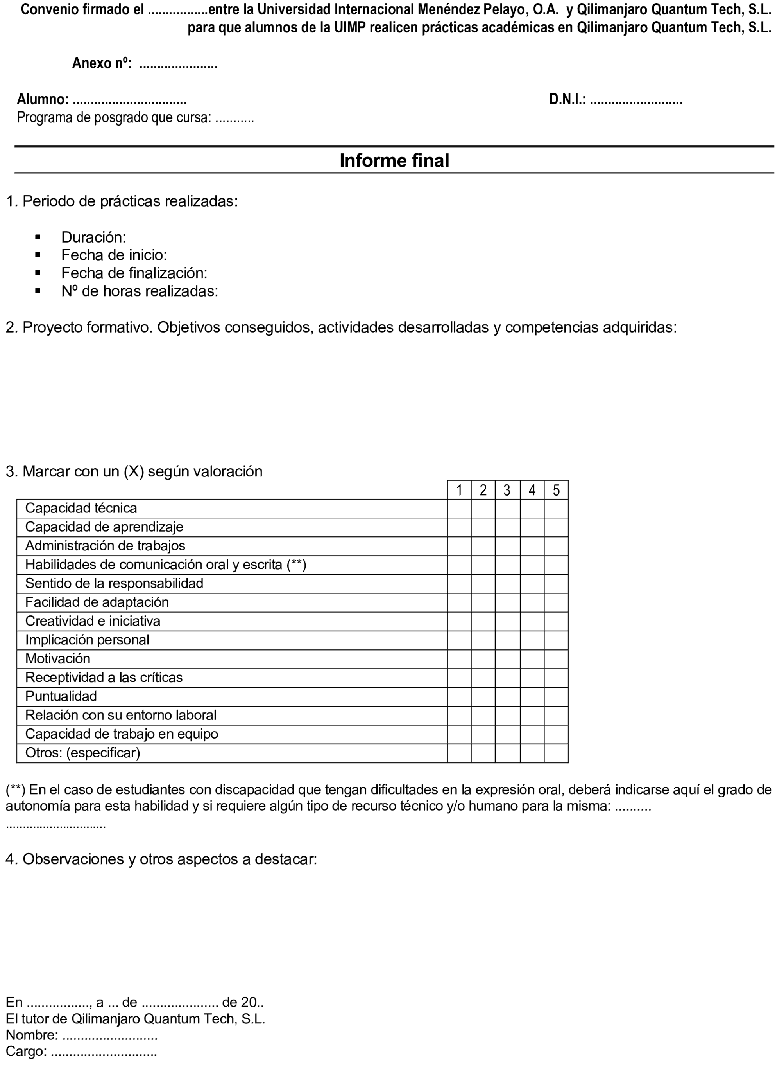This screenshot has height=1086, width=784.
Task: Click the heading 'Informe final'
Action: (x=394, y=160)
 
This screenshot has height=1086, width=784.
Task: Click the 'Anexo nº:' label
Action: (x=102, y=63)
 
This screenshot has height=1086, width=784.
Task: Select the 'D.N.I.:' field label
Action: (x=567, y=100)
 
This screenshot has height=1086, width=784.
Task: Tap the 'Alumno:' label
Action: (x=43, y=100)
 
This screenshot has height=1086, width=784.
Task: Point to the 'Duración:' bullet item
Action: (x=93, y=237)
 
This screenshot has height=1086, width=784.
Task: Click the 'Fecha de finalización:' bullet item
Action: (x=134, y=273)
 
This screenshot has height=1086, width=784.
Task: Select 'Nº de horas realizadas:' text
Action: (x=140, y=291)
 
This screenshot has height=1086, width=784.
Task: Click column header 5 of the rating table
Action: (x=556, y=490)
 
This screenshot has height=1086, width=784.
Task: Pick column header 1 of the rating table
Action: (x=459, y=490)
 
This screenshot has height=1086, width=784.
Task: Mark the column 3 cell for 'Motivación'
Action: (x=507, y=659)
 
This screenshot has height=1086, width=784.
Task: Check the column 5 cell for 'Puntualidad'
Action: (x=556, y=697)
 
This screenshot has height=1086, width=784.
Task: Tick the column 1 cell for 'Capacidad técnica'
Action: (x=459, y=509)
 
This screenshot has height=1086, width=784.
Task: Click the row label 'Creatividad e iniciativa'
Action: (x=92, y=621)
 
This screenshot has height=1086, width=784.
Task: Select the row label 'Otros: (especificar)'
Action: (x=82, y=753)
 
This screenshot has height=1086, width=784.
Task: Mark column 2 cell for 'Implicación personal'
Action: (x=483, y=640)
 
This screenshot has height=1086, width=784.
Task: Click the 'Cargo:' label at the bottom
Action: (x=26, y=1052)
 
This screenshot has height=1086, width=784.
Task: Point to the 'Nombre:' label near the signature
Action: (x=32, y=1035)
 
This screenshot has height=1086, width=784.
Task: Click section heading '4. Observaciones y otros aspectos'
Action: (x=161, y=859)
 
